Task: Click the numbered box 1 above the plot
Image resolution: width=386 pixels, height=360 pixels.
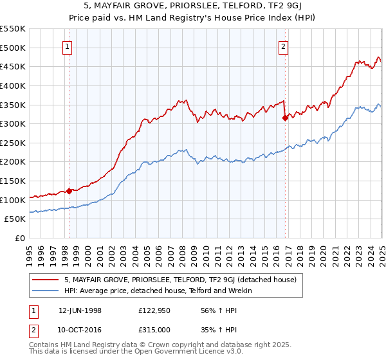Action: pyautogui.click(x=68, y=46)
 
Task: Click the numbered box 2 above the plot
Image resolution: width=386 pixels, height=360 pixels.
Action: pyautogui.click(x=284, y=46)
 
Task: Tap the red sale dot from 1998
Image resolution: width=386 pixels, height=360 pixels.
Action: pyautogui.click(x=69, y=191)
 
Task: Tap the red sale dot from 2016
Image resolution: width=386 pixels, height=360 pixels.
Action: pyautogui.click(x=284, y=118)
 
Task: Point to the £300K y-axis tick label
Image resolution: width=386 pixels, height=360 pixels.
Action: pyautogui.click(x=14, y=123)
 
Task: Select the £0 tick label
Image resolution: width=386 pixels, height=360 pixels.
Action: pyautogui.click(x=20, y=239)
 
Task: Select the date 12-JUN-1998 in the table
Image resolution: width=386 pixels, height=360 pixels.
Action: pyautogui.click(x=80, y=310)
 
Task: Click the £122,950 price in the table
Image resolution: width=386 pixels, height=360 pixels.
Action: pyautogui.click(x=154, y=310)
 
